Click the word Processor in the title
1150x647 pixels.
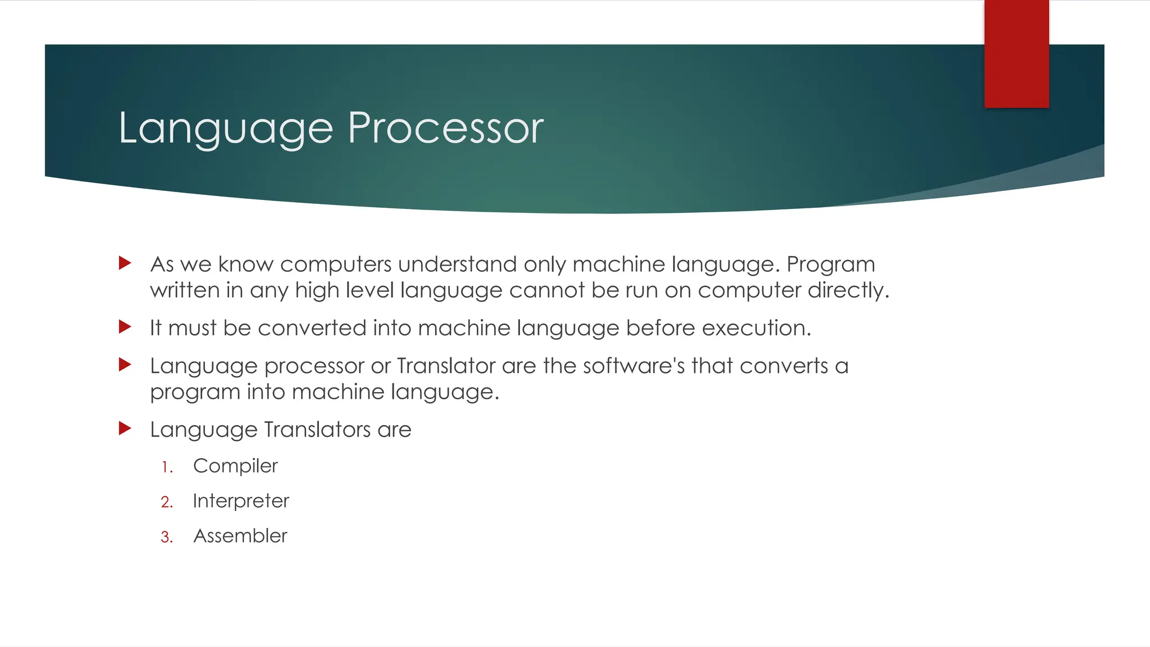click(445, 128)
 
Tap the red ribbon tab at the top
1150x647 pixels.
click(1016, 54)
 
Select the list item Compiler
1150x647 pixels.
click(235, 466)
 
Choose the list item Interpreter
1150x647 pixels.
click(241, 501)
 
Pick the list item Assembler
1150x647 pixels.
click(240, 536)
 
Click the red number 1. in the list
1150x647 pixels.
click(167, 467)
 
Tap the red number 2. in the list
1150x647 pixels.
click(167, 502)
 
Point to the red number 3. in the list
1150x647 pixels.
click(167, 537)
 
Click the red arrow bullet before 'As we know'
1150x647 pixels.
click(125, 263)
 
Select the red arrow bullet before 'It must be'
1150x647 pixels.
click(125, 327)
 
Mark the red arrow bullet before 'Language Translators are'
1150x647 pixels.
click(125, 429)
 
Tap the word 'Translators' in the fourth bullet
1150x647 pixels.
click(317, 430)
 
